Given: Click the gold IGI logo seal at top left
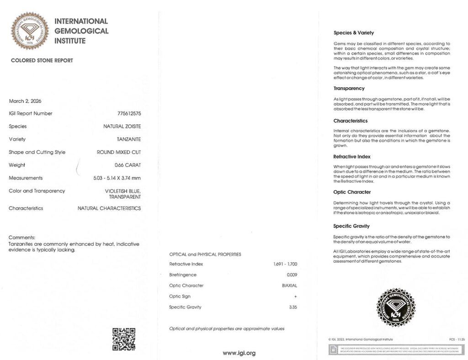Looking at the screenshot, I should (x=30, y=31).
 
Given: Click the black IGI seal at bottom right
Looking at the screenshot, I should (x=395, y=307).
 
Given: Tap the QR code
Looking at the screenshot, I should (x=124, y=339).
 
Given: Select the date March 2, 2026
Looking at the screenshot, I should (x=25, y=101).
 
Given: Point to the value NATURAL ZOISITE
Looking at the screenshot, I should (x=122, y=126).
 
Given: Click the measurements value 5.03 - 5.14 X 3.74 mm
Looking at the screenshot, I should (x=117, y=178).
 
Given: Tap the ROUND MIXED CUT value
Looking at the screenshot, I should (x=119, y=152).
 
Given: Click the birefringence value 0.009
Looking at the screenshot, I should (x=292, y=275).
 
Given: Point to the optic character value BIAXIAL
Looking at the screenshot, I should (x=289, y=286).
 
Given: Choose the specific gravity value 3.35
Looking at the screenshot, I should (x=293, y=307).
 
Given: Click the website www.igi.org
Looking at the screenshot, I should (x=239, y=353).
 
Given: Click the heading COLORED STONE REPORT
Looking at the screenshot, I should (x=42, y=60).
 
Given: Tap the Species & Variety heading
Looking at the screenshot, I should (x=354, y=33).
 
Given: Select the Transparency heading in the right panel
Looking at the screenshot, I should (x=349, y=88).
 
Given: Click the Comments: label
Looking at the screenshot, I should (x=22, y=238).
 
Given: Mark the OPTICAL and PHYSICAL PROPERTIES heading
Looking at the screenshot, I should (x=205, y=254).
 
